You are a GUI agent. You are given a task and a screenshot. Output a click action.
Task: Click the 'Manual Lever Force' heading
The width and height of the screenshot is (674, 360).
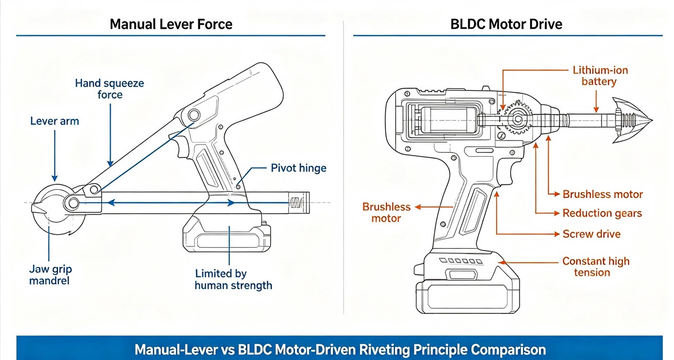(x=171, y=24)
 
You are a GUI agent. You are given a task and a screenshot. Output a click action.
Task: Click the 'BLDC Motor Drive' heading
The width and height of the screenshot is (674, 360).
(x=506, y=24)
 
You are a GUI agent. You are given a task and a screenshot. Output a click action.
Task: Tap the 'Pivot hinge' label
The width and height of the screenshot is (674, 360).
(x=298, y=168)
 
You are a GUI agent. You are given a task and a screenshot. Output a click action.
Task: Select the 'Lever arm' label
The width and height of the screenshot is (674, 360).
(x=54, y=121)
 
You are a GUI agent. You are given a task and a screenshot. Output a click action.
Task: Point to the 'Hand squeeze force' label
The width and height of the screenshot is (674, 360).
(x=110, y=89)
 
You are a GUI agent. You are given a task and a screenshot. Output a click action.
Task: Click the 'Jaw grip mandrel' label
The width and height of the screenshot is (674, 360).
(x=50, y=275)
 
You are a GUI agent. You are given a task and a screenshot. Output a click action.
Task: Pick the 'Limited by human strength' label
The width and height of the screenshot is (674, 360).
(x=233, y=279)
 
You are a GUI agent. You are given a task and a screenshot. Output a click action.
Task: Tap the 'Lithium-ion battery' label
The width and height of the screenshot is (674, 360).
(x=600, y=76)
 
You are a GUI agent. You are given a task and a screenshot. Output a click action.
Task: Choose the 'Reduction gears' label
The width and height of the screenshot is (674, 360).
(x=602, y=213)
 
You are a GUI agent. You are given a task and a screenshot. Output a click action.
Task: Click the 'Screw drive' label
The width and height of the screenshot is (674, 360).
(x=591, y=234)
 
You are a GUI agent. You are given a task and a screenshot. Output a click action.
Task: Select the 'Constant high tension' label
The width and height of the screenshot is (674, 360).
(x=596, y=266)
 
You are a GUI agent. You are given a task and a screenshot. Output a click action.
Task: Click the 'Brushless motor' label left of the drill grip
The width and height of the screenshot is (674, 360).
(x=386, y=212)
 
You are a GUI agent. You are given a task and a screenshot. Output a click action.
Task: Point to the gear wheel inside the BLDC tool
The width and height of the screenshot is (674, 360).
(x=517, y=119)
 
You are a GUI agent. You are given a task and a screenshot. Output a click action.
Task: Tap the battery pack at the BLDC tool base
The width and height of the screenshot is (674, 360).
(x=467, y=297)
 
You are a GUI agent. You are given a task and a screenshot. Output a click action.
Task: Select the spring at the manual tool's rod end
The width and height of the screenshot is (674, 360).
(x=297, y=203)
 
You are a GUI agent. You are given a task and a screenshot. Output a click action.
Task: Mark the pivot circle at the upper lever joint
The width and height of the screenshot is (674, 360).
(x=194, y=115)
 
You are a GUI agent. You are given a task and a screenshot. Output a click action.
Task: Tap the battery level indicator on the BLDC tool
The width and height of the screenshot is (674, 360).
(x=461, y=261)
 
